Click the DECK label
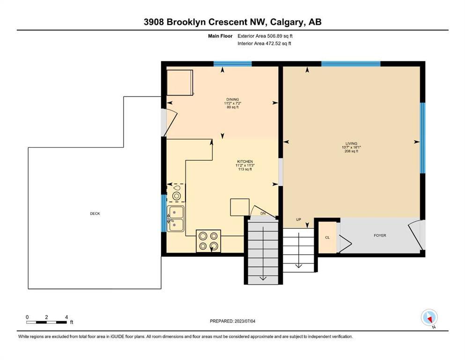95,213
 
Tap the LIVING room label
351,143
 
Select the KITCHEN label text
245,161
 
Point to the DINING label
232,99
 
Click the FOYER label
380,235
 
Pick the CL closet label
327,238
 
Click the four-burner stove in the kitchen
208,241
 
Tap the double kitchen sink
176,219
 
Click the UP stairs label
298,219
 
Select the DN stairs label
263,213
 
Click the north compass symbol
429,317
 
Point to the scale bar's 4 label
66,317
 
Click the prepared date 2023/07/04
245,321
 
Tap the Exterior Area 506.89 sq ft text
265,36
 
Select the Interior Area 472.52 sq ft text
264,43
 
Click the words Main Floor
220,36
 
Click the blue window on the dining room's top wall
233,63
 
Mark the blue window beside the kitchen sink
164,213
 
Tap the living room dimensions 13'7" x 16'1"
351,147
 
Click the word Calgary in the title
287,22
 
